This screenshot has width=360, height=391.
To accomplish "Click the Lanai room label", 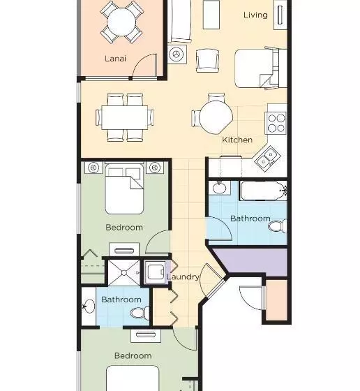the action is (x=115, y=59).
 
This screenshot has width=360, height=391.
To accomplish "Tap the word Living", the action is (x=255, y=15).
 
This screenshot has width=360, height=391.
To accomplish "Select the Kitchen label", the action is (x=237, y=140).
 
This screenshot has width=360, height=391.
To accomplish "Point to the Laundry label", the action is (x=183, y=276).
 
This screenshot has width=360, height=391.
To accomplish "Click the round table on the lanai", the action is (x=121, y=22).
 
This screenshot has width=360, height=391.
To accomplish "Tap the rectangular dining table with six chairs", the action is (x=125, y=117).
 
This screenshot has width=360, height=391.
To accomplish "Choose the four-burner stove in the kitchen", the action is (x=276, y=123).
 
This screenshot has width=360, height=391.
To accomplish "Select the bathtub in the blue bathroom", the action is (x=263, y=191).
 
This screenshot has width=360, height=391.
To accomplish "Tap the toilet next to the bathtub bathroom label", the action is (x=277, y=226).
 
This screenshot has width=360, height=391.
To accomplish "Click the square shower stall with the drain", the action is (x=123, y=273).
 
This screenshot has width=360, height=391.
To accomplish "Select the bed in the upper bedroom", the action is (x=124, y=189).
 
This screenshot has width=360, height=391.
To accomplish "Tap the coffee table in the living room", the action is (x=211, y=15).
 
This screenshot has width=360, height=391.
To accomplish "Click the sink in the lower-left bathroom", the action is (x=89, y=306).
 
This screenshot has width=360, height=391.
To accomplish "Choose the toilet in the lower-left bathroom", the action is (x=140, y=313).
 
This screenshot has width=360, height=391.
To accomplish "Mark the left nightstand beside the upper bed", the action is (x=93, y=168).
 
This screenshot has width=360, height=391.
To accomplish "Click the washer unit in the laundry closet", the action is (x=156, y=272).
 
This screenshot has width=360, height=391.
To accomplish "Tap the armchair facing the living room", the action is (x=207, y=61).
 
